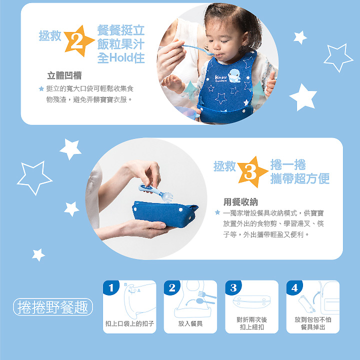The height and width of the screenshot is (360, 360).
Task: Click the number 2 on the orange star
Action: click(x=76, y=42)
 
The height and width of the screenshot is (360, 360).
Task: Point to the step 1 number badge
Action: click(x=110, y=287)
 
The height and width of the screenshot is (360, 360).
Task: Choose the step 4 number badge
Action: click(x=294, y=288)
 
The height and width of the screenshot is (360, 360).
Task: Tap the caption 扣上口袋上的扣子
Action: click(x=129, y=323)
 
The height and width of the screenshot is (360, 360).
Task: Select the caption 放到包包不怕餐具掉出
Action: click(x=313, y=323)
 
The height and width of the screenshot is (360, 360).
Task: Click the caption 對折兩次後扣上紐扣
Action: click(x=251, y=323)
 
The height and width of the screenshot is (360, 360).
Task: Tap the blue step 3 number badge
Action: click(x=233, y=288)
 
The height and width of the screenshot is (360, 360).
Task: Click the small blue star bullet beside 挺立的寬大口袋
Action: click(x=41, y=89)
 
